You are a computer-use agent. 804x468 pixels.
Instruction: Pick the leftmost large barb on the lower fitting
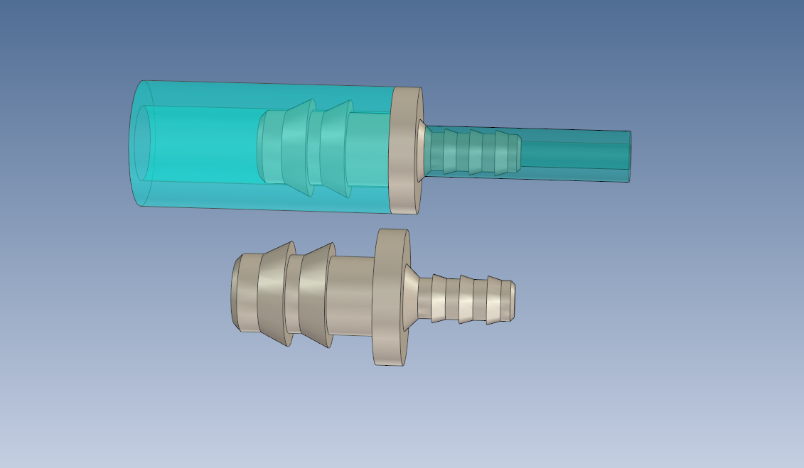click(274, 294)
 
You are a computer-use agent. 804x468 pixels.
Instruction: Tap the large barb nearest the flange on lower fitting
click(315, 295)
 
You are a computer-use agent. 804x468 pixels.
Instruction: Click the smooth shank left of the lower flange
click(350, 295)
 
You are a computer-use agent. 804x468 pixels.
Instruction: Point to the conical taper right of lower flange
click(411, 298)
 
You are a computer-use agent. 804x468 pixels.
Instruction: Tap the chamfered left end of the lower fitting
click(235, 293)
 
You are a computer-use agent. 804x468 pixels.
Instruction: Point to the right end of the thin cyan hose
click(629, 156)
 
